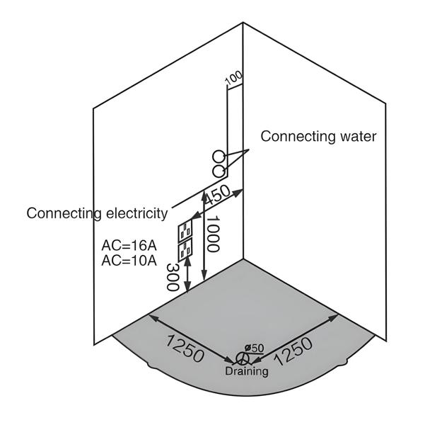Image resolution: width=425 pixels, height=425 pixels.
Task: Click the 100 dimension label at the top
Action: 233,79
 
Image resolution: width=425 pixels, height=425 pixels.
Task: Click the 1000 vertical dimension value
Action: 214,234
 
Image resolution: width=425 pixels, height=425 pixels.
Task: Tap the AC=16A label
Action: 129,246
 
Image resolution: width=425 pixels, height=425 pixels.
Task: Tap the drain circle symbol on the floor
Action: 243,357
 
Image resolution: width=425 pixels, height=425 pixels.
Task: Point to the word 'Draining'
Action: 247,371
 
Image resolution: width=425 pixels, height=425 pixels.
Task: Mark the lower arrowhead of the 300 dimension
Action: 187,289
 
